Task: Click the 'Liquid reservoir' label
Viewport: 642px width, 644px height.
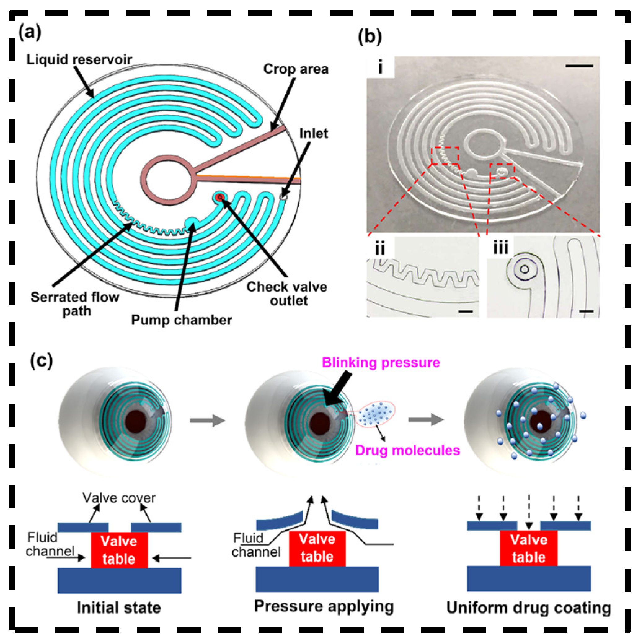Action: pos(79,60)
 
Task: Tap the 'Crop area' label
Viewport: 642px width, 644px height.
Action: pos(296,69)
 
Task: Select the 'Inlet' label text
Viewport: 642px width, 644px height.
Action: pos(313,133)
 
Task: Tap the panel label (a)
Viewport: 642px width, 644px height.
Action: pos(30,33)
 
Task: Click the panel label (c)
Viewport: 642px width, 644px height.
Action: pos(41,361)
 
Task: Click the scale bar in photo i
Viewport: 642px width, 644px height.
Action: pos(579,66)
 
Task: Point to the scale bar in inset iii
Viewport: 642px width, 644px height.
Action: pos(586,311)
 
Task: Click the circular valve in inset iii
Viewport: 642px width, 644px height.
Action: pos(524,269)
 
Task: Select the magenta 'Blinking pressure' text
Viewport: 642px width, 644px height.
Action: pos(381,363)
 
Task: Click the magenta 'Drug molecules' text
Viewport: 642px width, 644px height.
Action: pos(407,450)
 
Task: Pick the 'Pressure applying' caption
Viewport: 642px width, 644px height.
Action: pos(324,606)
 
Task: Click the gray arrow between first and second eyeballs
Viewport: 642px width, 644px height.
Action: pos(207,420)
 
